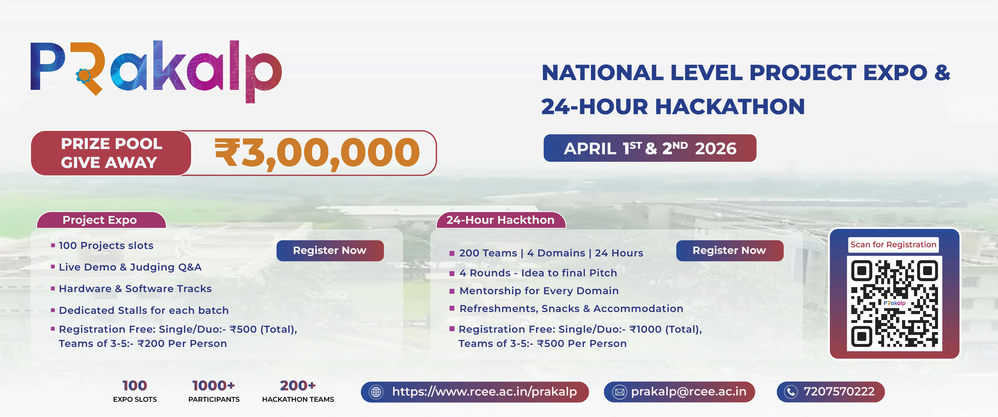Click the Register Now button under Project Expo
(x=330, y=250)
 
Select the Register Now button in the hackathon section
(x=729, y=250)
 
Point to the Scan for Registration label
(x=893, y=245)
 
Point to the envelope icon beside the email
(x=619, y=392)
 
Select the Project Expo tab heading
(x=100, y=220)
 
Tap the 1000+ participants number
(x=213, y=386)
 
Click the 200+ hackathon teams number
(x=298, y=386)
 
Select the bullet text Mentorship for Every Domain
(x=539, y=291)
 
